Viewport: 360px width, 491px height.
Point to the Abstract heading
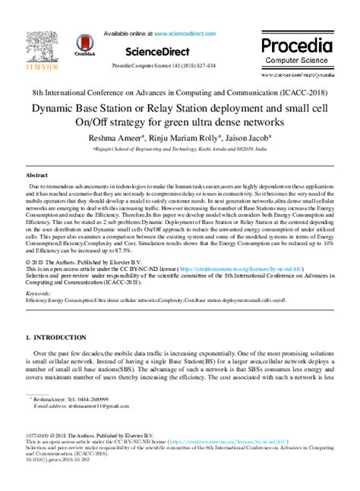37,174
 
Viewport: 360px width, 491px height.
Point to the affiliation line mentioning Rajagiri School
180,150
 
